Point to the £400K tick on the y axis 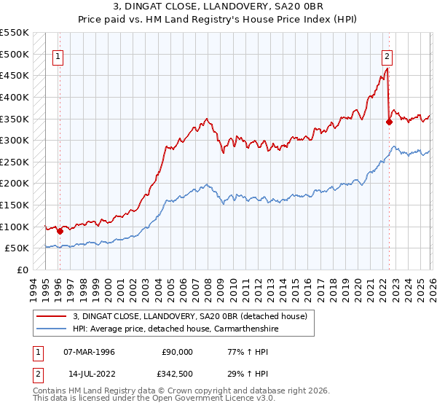pos(15,97)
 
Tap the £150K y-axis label pos(15,205)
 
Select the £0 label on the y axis pos(22,270)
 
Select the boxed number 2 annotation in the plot pos(387,55)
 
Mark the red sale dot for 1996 pos(60,232)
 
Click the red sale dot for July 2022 pos(389,122)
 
